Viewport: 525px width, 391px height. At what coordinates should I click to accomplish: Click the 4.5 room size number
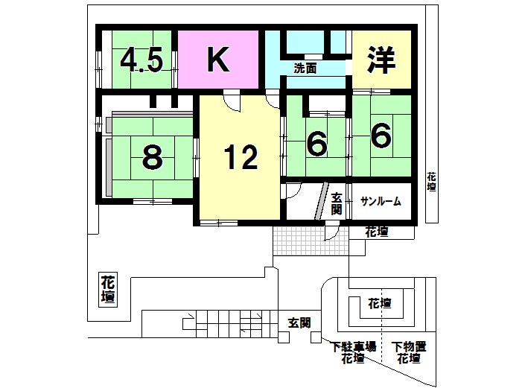[x=141, y=61]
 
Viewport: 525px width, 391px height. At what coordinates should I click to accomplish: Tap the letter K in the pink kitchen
[x=217, y=60]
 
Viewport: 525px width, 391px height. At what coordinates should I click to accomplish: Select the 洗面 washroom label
[x=305, y=69]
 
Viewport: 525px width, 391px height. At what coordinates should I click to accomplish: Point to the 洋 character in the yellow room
[x=381, y=60]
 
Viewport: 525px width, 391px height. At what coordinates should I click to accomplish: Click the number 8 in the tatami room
[x=152, y=157]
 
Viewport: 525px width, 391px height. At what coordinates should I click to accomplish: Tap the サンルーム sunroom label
[x=381, y=201]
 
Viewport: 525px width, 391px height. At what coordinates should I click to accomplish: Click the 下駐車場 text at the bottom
[x=352, y=346]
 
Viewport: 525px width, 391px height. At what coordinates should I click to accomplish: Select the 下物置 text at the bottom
[x=409, y=346]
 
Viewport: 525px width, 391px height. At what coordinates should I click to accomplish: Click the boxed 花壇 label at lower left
[x=109, y=290]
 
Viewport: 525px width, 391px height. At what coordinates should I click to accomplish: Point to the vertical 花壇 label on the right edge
[x=432, y=183]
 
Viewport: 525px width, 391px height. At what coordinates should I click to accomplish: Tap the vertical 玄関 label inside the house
[x=337, y=204]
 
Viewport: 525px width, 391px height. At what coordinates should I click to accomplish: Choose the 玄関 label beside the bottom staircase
[x=299, y=322]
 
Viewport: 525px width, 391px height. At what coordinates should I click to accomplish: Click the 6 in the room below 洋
[x=381, y=136]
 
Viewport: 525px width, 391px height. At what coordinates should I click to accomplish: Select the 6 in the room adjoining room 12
[x=317, y=144]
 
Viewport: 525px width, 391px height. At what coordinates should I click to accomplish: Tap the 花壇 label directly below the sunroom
[x=377, y=232]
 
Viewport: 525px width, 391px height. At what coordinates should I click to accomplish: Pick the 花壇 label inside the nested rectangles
[x=380, y=304]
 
